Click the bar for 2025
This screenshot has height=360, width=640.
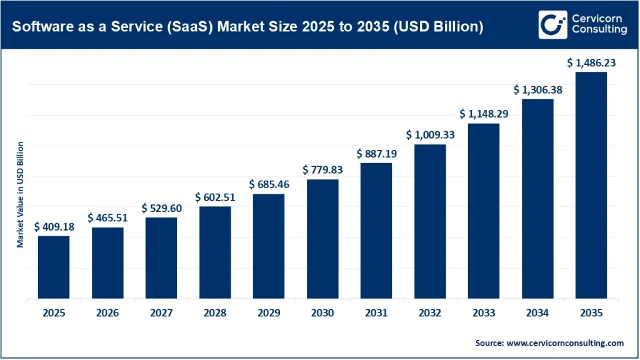[x=54, y=267]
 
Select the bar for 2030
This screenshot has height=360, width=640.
[x=322, y=239]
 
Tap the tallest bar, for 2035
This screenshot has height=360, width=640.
[x=591, y=186]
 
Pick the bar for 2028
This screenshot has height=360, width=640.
[x=215, y=252]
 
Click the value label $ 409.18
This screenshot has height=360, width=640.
[x=54, y=227]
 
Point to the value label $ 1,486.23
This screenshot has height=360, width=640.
[x=591, y=62]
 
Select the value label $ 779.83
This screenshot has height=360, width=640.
[x=322, y=170]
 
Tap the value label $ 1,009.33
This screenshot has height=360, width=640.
[x=430, y=135]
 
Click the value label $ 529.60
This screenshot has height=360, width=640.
[x=161, y=208]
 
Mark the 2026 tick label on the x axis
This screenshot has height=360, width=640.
[x=107, y=312]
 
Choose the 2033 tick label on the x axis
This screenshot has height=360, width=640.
[x=483, y=312]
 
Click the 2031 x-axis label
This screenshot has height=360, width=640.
[x=376, y=312]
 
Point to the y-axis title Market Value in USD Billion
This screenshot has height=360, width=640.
[x=21, y=194]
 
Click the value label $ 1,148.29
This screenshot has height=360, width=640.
[x=483, y=114]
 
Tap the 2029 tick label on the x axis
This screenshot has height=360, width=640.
[x=269, y=312]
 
